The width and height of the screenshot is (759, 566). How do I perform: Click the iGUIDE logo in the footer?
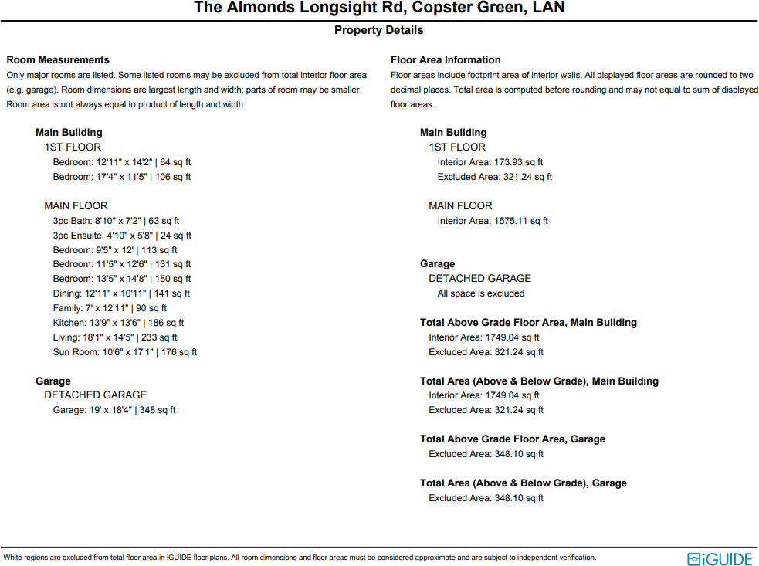pyautogui.click(x=720, y=558)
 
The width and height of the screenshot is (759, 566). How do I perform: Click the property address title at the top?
pyautogui.click(x=379, y=8)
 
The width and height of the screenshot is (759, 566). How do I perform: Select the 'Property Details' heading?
pyautogui.click(x=378, y=30)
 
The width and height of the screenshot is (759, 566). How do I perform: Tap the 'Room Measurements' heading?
pyautogui.click(x=58, y=60)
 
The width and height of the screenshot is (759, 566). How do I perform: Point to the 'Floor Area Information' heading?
pyautogui.click(x=446, y=60)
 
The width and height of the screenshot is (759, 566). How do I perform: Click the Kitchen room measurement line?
pyautogui.click(x=118, y=323)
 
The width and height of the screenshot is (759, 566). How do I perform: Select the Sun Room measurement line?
pyautogui.click(x=124, y=352)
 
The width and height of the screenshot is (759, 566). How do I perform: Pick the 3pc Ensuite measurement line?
pyautogui.click(x=122, y=236)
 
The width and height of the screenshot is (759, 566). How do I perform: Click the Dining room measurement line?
pyautogui.click(x=121, y=293)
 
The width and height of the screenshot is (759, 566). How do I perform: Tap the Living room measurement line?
pyautogui.click(x=115, y=337)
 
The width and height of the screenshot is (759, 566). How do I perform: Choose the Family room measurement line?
pyautogui.click(x=110, y=308)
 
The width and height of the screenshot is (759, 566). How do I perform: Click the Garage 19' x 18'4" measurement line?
pyautogui.click(x=114, y=410)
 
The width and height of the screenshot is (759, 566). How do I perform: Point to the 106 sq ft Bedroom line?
pyautogui.click(x=121, y=177)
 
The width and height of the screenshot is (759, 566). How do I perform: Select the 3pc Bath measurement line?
pyautogui.click(x=116, y=221)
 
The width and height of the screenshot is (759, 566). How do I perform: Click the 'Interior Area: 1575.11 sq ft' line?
pyautogui.click(x=493, y=221)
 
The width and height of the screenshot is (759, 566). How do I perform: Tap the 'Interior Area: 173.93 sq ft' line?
pyautogui.click(x=490, y=162)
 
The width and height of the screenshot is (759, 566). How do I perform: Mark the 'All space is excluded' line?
pyautogui.click(x=480, y=293)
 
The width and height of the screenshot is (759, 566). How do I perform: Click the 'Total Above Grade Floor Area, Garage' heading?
pyautogui.click(x=513, y=439)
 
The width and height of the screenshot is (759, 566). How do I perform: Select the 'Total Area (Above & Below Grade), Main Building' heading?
pyautogui.click(x=539, y=381)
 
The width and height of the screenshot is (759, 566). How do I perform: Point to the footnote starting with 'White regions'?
pyautogui.click(x=300, y=558)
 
